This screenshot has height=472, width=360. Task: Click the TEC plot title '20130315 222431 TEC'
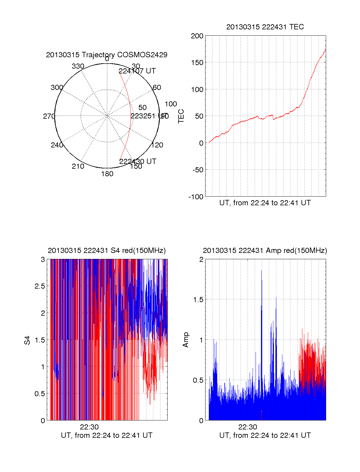(x=265, y=27)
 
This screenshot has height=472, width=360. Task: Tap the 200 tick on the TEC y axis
(x=197, y=36)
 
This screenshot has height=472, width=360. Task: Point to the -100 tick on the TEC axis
(x=196, y=197)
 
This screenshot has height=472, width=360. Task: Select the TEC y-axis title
(x=181, y=116)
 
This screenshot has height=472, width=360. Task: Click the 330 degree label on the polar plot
(x=78, y=66)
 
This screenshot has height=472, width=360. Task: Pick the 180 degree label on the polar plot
(x=107, y=174)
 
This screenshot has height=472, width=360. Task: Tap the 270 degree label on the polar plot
(x=49, y=116)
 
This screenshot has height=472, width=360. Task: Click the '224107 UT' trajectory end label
(x=137, y=71)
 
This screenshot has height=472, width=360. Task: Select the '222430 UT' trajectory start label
(x=138, y=162)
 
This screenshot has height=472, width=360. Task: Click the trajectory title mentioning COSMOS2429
(x=106, y=55)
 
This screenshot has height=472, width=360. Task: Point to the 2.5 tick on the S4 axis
(x=40, y=286)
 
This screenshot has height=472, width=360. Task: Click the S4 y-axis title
(x=27, y=340)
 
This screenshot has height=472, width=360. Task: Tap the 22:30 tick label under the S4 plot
(x=89, y=427)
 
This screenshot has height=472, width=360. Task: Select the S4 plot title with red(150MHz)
(x=106, y=251)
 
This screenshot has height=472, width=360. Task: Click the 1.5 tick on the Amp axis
(x=198, y=300)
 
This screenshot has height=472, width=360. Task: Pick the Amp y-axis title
(x=186, y=340)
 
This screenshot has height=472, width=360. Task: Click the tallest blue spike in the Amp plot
(x=261, y=271)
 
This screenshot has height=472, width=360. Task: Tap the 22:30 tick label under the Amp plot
(x=247, y=427)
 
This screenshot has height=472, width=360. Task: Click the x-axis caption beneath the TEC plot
(x=265, y=203)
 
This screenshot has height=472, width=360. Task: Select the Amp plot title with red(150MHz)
(x=265, y=251)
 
